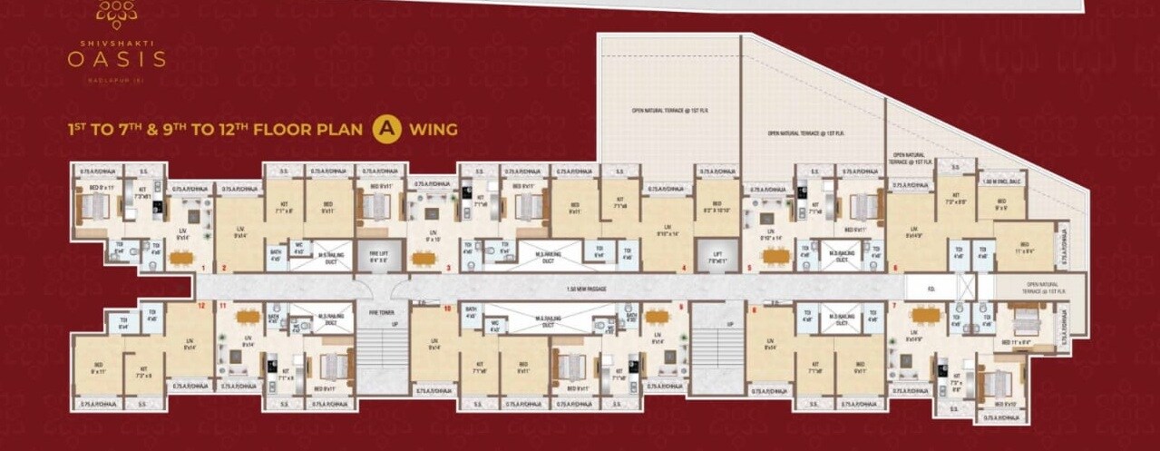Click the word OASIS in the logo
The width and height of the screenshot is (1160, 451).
[116, 59]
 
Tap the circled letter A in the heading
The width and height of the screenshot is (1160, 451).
[385, 129]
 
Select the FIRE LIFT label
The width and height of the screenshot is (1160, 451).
[372, 257]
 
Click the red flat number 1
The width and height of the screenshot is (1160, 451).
[203, 268]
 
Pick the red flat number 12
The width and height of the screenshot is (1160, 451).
[201, 306]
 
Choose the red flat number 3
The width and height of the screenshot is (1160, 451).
[448, 268]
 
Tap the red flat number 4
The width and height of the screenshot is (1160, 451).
[683, 268]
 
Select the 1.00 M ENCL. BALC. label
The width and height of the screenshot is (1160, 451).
[1002, 182]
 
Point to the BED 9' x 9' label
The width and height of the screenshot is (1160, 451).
[1001, 204]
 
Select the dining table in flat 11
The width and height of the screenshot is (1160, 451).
[247, 316]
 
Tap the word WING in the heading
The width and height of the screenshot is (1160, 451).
[431, 130]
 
